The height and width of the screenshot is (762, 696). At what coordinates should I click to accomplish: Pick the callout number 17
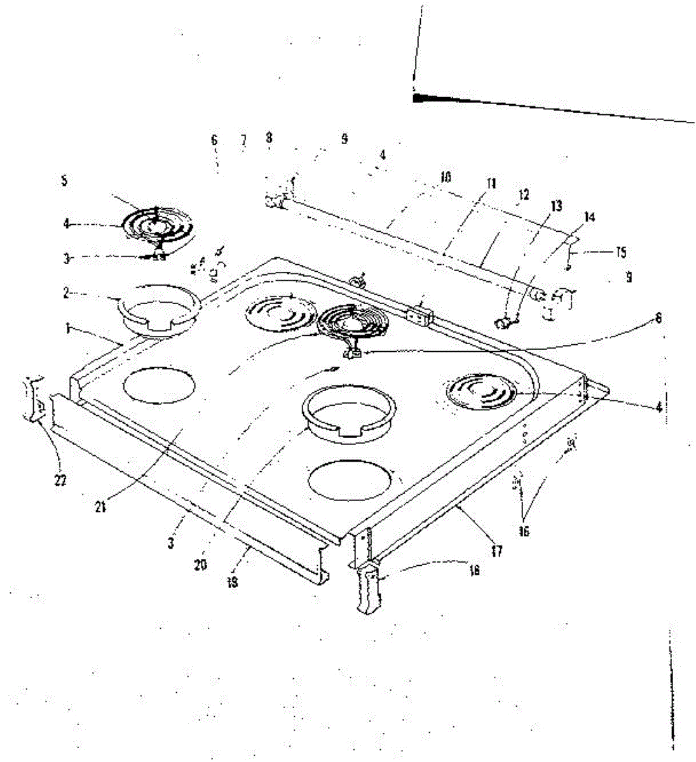tap(497, 551)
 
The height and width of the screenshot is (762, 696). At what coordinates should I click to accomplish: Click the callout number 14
tap(589, 217)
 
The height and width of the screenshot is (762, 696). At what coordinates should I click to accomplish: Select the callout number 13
tap(556, 205)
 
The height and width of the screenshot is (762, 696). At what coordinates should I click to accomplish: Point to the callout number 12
tap(523, 195)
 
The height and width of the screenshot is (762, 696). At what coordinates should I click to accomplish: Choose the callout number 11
tap(491, 184)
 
